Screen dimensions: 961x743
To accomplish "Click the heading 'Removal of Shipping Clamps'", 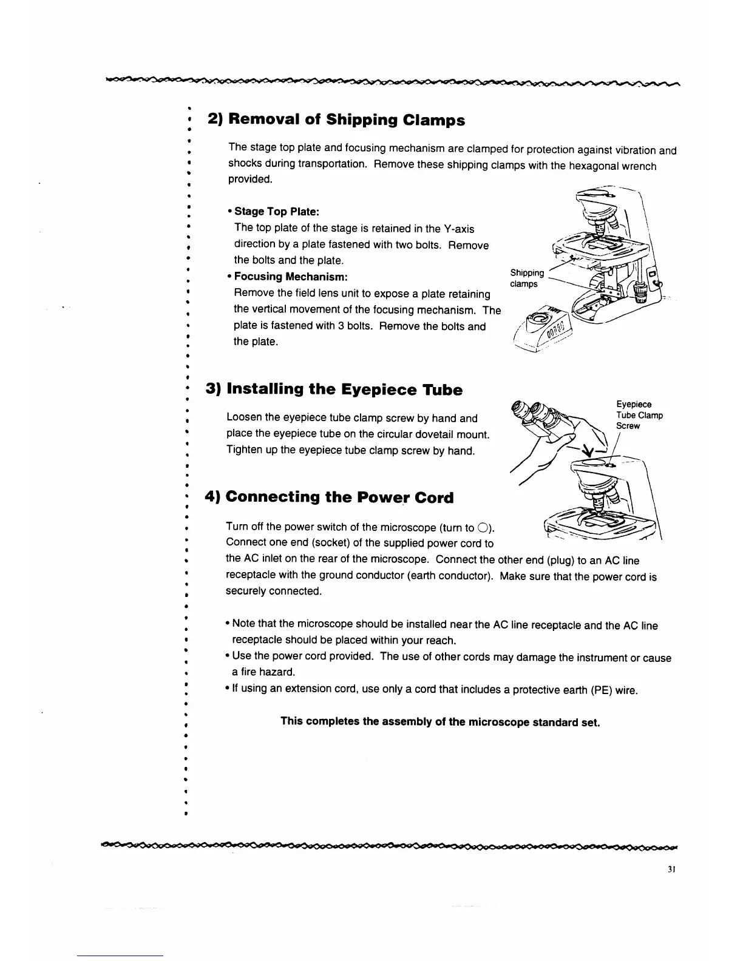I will [x=336, y=120].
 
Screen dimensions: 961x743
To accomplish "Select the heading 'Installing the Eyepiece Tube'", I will [x=334, y=389].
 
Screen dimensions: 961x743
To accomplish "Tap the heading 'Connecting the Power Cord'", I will [x=330, y=497].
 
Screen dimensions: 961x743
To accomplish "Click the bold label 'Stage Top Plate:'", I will [x=276, y=211].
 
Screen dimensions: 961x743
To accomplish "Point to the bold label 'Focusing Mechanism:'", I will [x=291, y=277].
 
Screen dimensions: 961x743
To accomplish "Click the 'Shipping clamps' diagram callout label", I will [x=526, y=278].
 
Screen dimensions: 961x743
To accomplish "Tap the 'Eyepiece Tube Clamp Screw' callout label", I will [x=639, y=415].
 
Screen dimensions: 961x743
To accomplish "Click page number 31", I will [x=671, y=869].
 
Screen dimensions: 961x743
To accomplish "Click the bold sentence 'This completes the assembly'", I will [x=440, y=722].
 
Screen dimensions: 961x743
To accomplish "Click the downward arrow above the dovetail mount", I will [x=587, y=450].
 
